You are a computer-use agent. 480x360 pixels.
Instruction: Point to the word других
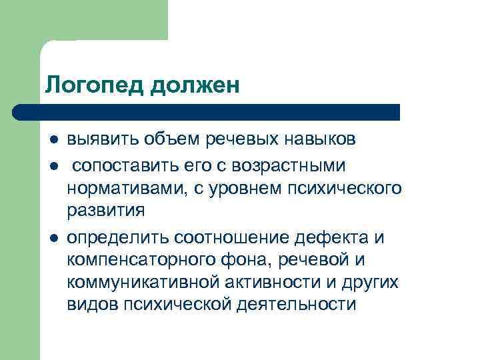point(368,283)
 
